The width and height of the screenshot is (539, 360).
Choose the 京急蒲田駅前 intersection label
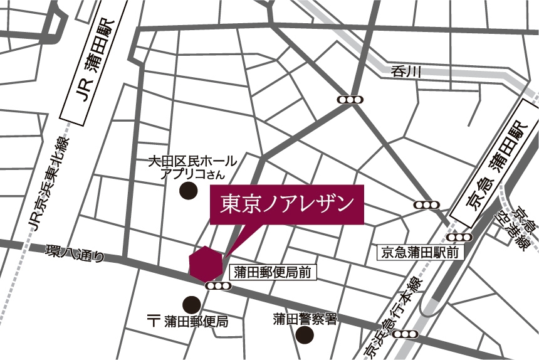[x=419, y=253]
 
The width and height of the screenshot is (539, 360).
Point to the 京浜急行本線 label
[x=394, y=317]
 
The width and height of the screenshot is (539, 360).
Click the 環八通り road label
[x=73, y=254]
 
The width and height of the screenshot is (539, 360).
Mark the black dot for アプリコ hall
[x=187, y=191]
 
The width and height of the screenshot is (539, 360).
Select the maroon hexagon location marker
[x=205, y=263]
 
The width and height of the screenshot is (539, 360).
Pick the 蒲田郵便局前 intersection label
[x=272, y=272]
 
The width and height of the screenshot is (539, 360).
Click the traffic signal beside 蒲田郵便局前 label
[x=218, y=287]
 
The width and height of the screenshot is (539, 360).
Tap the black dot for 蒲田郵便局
[x=191, y=304]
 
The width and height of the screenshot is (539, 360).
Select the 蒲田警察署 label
[x=305, y=319]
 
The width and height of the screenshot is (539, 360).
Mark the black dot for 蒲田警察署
[x=304, y=336]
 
